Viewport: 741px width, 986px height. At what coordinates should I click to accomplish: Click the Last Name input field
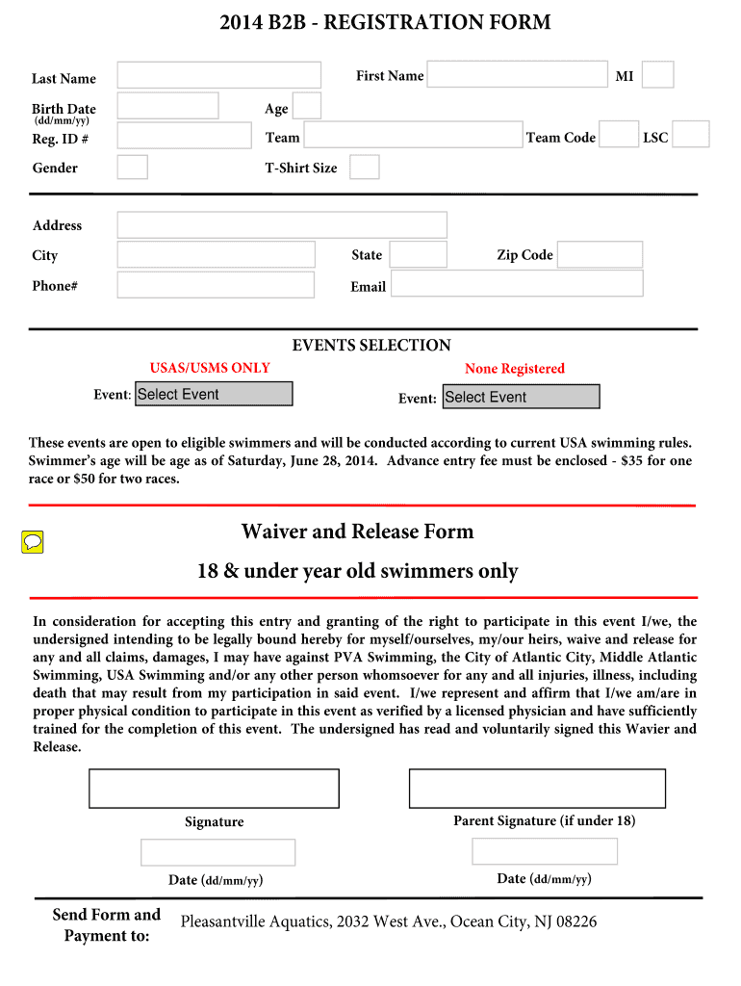(219, 75)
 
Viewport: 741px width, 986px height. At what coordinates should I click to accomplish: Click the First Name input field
(517, 75)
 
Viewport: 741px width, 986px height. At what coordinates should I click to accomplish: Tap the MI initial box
(657, 75)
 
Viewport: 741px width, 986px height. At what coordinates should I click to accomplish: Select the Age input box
(307, 106)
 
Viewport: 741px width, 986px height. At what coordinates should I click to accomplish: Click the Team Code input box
(620, 135)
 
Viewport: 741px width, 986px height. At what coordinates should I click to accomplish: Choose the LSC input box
(691, 135)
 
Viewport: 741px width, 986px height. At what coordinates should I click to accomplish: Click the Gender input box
(133, 168)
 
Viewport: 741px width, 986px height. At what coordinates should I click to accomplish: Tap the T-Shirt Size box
(365, 168)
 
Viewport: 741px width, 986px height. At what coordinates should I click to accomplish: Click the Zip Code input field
(600, 255)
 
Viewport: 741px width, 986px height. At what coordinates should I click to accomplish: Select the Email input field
(517, 284)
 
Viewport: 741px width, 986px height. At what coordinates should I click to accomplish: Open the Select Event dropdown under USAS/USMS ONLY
(214, 394)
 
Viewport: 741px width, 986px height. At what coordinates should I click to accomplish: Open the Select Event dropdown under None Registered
(521, 397)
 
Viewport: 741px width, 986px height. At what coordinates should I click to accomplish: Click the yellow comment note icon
(33, 542)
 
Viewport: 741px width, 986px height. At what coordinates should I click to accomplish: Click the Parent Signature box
(537, 788)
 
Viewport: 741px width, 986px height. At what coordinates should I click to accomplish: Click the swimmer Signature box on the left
(214, 788)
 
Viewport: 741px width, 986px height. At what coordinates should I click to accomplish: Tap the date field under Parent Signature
(545, 852)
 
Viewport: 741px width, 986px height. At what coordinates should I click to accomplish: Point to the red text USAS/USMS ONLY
(210, 368)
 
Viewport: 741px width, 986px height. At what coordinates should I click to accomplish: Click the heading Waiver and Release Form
(357, 532)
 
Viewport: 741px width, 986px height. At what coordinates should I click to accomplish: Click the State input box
(419, 255)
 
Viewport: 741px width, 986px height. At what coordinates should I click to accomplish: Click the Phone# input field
(216, 285)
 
